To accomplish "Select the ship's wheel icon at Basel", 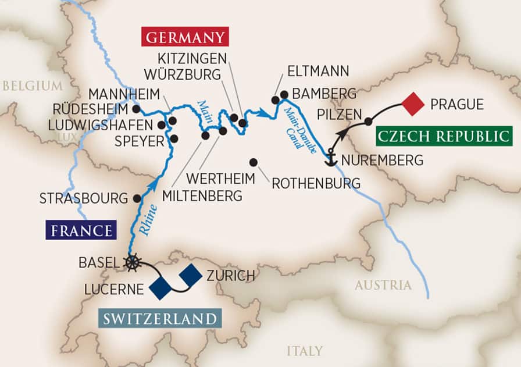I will coord(133,262).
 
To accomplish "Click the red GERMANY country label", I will coord(184,38).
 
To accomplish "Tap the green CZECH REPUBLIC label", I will coord(444,137).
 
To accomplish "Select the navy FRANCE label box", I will coord(81,230).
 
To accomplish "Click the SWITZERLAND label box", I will coord(160,319).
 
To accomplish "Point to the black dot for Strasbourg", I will coord(137,198).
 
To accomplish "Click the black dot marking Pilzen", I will coord(368,122).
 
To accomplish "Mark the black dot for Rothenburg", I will coord(253,162).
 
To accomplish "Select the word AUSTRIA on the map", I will coord(383,285).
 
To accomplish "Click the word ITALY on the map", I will coord(304,351).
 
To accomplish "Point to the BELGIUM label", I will coord(32,86).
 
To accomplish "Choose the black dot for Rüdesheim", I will coord(136,109).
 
